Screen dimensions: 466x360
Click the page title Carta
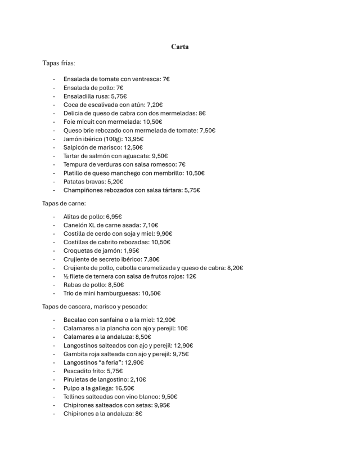coord(180,47)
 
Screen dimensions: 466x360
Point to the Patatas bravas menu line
coord(93,182)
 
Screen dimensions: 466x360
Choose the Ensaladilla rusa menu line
coord(95,96)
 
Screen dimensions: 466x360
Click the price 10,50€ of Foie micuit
coord(151,122)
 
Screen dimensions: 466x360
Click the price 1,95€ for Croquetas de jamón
coord(130,250)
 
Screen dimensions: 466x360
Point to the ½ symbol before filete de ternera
coord(66,276)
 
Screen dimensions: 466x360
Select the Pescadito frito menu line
coord(93,371)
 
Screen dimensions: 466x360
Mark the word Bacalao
coord(76,319)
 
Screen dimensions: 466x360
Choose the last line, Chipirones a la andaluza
coord(102,414)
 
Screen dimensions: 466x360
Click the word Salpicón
coord(76,147)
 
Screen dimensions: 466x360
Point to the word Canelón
coord(76,225)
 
